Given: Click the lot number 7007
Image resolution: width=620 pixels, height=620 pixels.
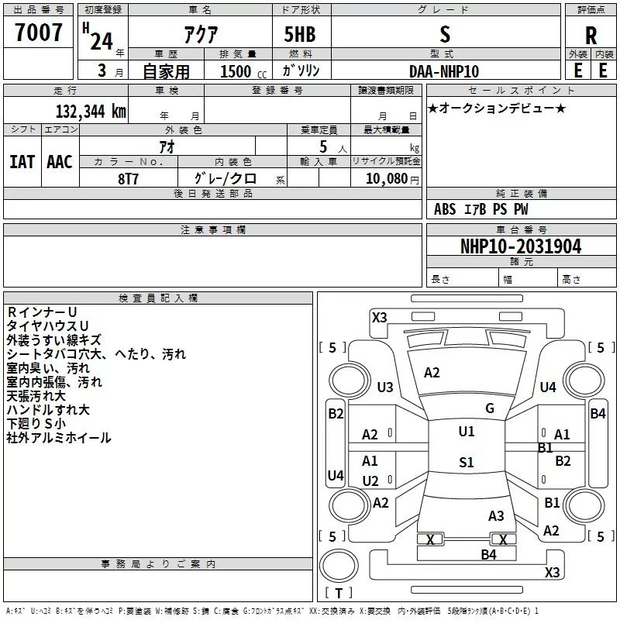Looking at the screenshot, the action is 39,32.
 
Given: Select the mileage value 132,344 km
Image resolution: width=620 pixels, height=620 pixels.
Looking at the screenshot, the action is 91,111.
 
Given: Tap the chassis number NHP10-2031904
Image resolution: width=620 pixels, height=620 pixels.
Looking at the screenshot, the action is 521,246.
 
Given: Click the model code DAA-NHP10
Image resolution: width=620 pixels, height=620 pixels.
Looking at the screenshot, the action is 444,71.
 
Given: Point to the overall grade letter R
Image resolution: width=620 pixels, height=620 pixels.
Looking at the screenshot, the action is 591,36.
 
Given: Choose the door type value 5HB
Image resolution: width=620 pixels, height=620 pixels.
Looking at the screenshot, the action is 300,34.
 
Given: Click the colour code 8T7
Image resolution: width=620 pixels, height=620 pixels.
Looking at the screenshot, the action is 128,179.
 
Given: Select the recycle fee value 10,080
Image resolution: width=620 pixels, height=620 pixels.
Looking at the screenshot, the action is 387,178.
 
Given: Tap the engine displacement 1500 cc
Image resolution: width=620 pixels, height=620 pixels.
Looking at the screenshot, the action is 243,71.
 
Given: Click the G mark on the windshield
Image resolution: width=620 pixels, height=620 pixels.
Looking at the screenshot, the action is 490,408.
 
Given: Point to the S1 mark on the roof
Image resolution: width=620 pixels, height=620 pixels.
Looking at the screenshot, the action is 467,462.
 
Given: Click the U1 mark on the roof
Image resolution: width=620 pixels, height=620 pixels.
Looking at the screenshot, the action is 467,432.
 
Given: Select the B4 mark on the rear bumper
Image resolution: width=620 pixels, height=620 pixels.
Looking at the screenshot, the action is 488,555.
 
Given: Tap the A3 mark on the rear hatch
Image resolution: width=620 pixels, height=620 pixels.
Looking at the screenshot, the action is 496,516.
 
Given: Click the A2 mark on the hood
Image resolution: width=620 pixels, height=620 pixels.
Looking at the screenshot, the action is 432,373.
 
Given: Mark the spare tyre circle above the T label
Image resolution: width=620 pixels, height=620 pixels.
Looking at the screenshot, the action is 339,566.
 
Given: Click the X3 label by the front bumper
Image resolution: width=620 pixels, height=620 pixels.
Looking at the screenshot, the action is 379,318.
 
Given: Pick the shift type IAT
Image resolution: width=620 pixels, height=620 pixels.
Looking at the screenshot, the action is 22,162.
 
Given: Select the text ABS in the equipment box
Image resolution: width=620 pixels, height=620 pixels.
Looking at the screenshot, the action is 445,209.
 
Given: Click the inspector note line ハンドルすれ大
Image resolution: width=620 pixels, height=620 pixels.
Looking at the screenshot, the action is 48,410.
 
